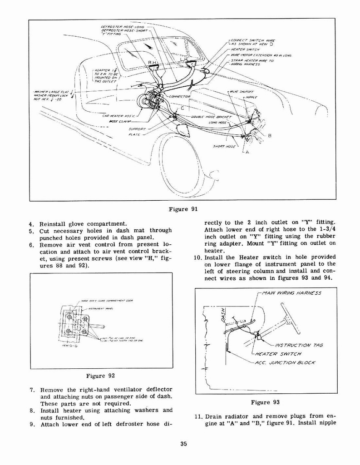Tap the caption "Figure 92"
click(x=100, y=376)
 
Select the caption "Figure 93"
click(x=265, y=402)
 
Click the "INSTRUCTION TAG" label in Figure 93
click(x=299, y=346)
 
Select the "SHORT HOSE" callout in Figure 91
click(x=224, y=146)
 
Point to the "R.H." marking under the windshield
click(x=153, y=62)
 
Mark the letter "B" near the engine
click(x=270, y=135)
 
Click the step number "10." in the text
click(x=191, y=257)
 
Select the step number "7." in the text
click(x=33, y=390)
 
